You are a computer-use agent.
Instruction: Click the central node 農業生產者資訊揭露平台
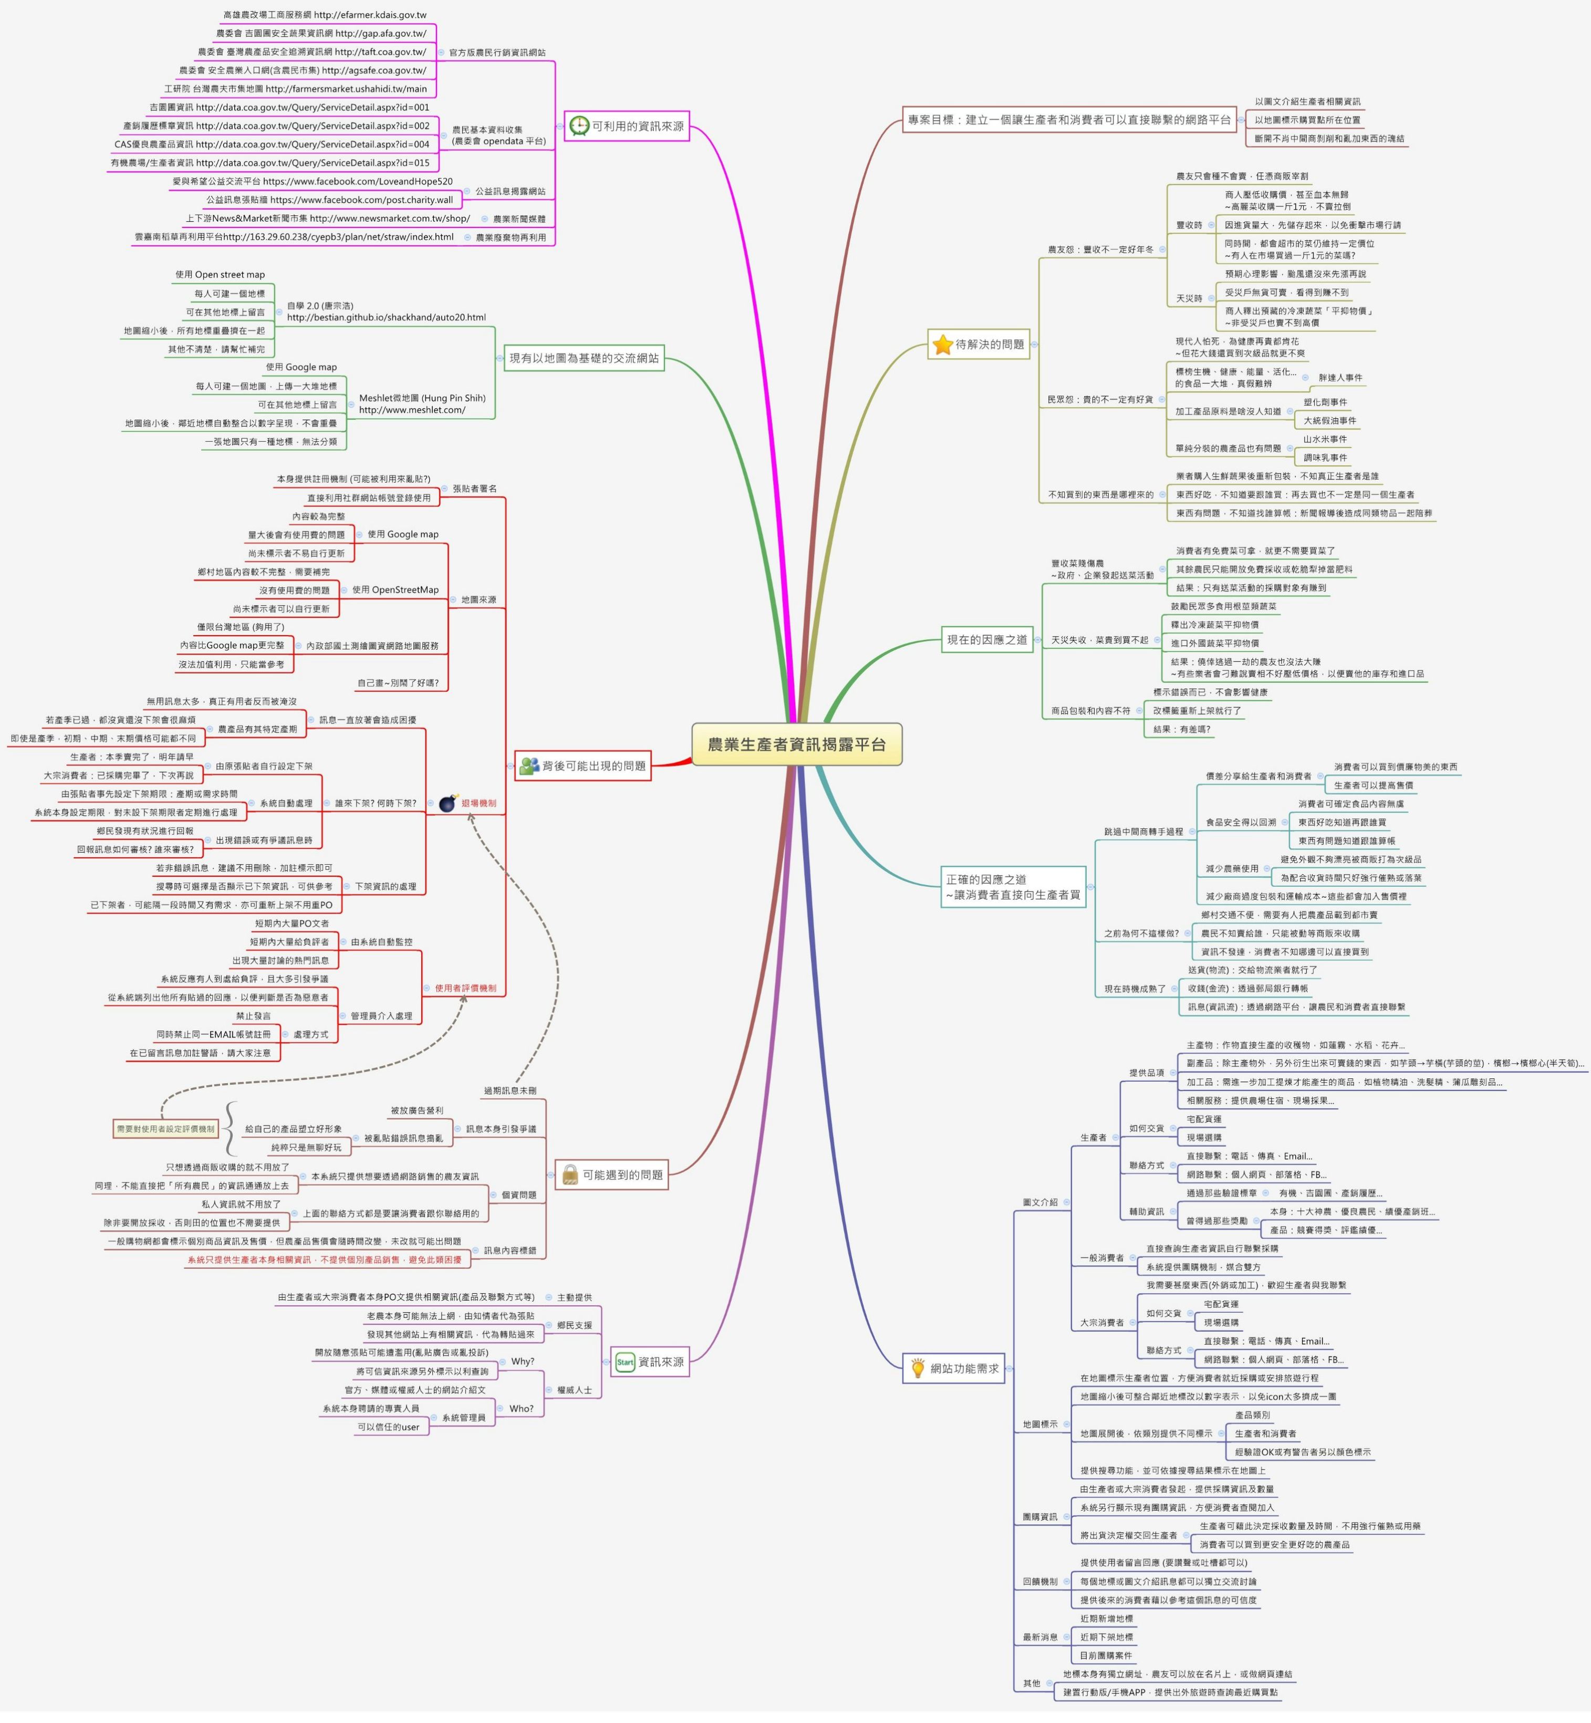point(796,744)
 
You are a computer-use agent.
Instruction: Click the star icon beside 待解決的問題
point(943,345)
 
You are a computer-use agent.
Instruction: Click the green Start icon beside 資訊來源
point(625,1362)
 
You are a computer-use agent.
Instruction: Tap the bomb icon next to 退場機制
point(447,803)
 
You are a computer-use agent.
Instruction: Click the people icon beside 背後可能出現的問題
point(528,765)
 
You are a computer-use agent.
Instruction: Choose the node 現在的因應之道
point(986,640)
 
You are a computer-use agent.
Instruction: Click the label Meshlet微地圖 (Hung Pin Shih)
point(422,398)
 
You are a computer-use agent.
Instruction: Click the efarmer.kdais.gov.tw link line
point(325,15)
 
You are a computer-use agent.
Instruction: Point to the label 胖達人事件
point(1340,377)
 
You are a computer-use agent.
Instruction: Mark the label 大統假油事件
point(1329,421)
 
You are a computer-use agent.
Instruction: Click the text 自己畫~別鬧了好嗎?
point(398,683)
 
